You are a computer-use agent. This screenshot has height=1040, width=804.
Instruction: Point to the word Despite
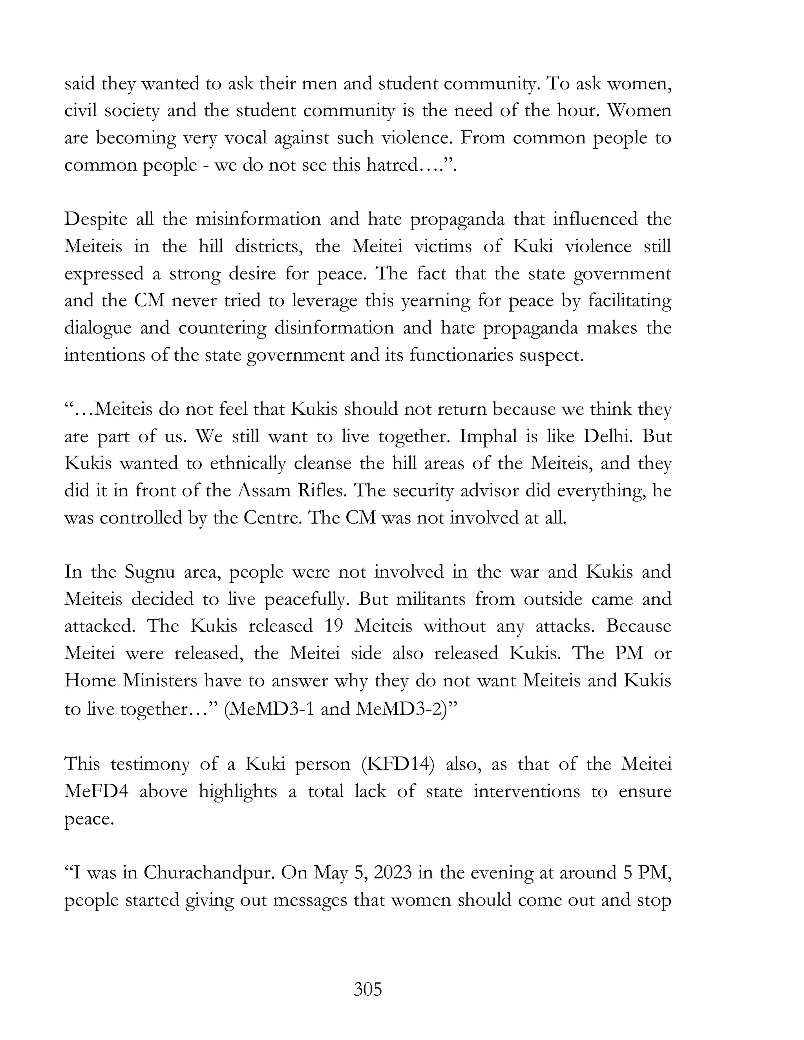[96, 219]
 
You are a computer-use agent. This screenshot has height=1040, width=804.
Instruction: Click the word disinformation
[334, 328]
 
